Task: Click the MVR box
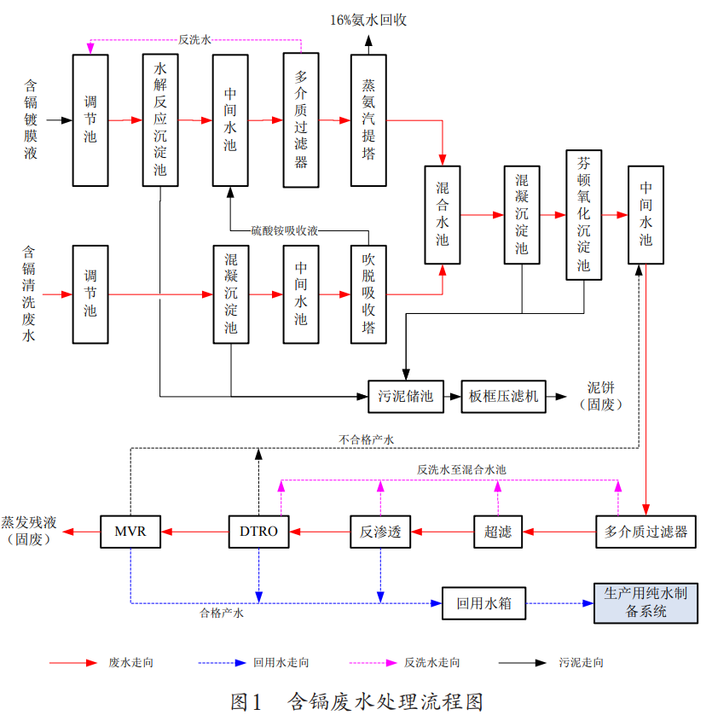point(130,532)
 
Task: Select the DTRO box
point(258,532)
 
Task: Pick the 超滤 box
point(498,532)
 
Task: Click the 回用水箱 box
point(483,603)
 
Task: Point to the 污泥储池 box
point(406,396)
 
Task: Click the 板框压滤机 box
point(503,396)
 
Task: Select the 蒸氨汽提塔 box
point(368,119)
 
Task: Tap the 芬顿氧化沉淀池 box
point(584,214)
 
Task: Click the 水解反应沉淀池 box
point(160,119)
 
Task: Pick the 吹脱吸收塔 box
point(368,294)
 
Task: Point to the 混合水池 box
point(443,214)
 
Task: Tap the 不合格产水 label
point(366,440)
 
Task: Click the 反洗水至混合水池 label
point(461,469)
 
